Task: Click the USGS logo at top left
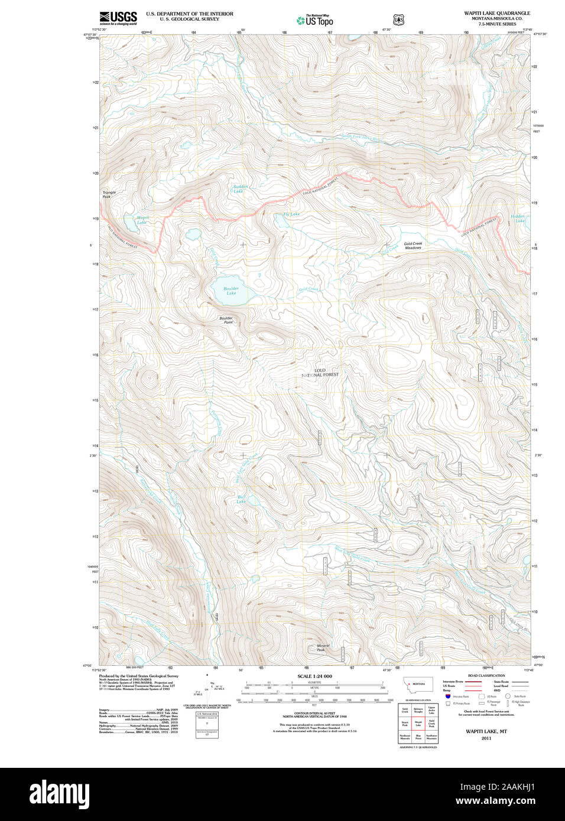click(118, 18)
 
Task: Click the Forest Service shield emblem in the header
click(399, 20)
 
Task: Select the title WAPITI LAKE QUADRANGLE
click(496, 13)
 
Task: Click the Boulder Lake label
click(231, 291)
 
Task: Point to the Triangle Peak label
click(109, 194)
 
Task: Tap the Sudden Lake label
click(240, 189)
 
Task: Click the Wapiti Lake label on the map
click(142, 220)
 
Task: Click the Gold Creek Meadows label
click(413, 246)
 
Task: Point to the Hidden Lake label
click(518, 219)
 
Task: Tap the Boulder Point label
click(226, 320)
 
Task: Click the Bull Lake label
click(241, 499)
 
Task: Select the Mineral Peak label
click(323, 647)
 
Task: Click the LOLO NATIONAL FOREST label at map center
click(320, 373)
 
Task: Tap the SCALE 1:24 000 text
click(314, 676)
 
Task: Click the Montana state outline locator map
click(418, 685)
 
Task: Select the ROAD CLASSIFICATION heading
click(486, 676)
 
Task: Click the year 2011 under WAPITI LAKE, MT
click(486, 738)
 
